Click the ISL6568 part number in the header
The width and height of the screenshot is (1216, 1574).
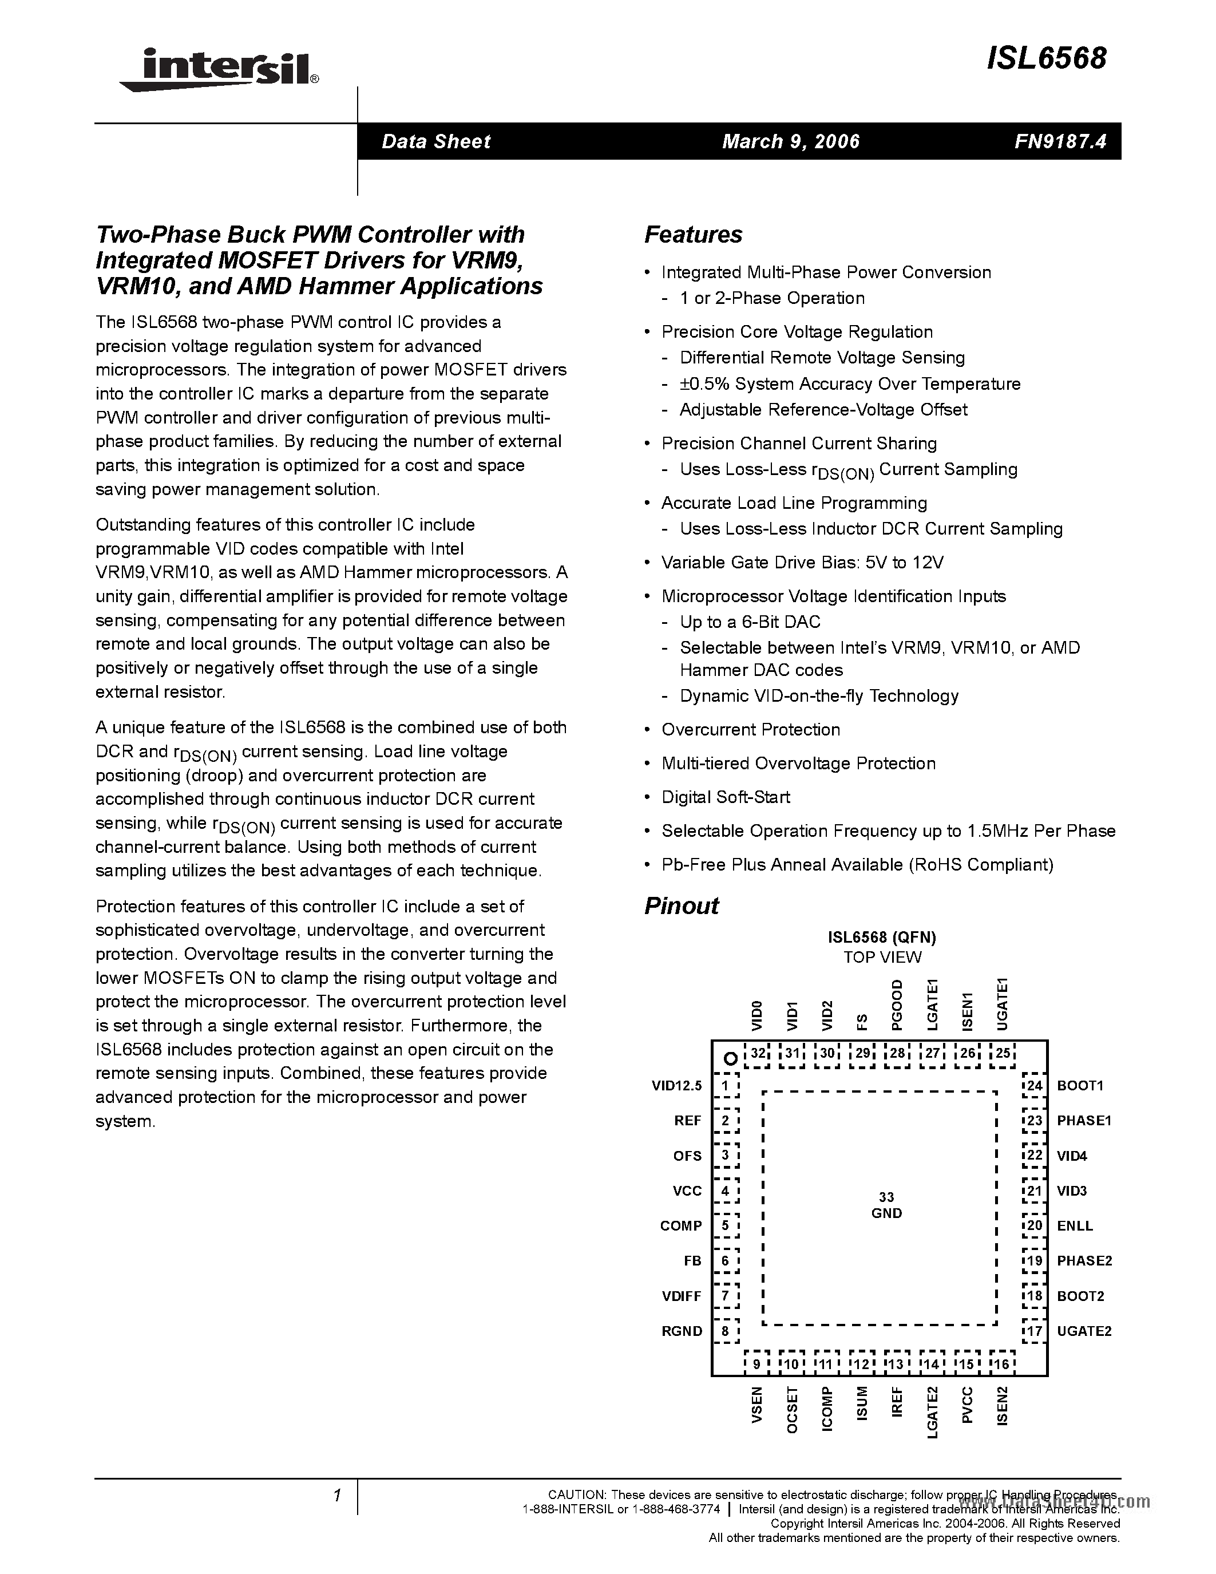1046,58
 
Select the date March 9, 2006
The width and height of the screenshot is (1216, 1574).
790,141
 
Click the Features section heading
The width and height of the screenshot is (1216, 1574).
692,234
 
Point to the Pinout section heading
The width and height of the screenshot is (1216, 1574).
681,906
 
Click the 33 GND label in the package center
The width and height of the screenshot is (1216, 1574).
886,1205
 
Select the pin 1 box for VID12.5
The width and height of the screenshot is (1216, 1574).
726,1085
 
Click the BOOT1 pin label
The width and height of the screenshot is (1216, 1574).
1080,1085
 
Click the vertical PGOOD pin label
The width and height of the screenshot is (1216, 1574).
897,1004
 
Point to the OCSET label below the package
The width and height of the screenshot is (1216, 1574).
792,1410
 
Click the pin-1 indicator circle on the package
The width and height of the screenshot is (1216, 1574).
730,1059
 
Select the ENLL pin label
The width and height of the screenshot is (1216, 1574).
1074,1226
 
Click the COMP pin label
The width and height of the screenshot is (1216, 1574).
681,1226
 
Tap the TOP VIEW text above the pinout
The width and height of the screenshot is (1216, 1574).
882,957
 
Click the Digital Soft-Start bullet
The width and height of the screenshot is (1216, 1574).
726,797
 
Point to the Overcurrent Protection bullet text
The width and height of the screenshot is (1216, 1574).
750,729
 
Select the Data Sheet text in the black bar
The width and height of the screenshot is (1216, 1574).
436,141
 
